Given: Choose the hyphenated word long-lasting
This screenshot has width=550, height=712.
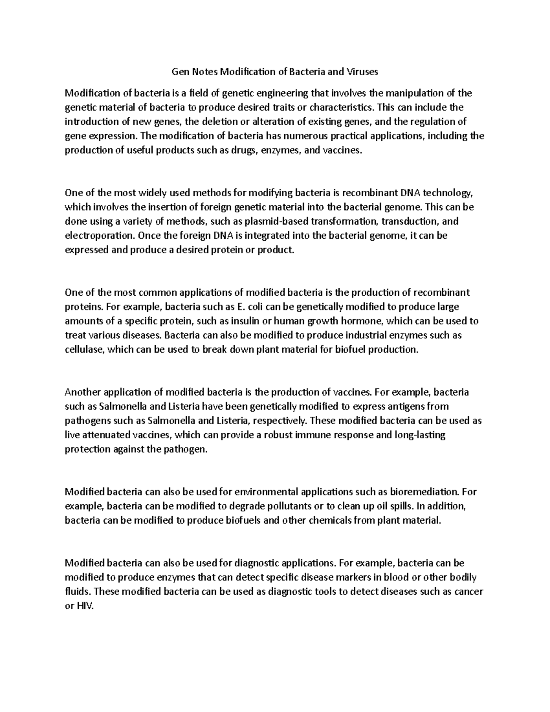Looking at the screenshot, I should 420,435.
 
